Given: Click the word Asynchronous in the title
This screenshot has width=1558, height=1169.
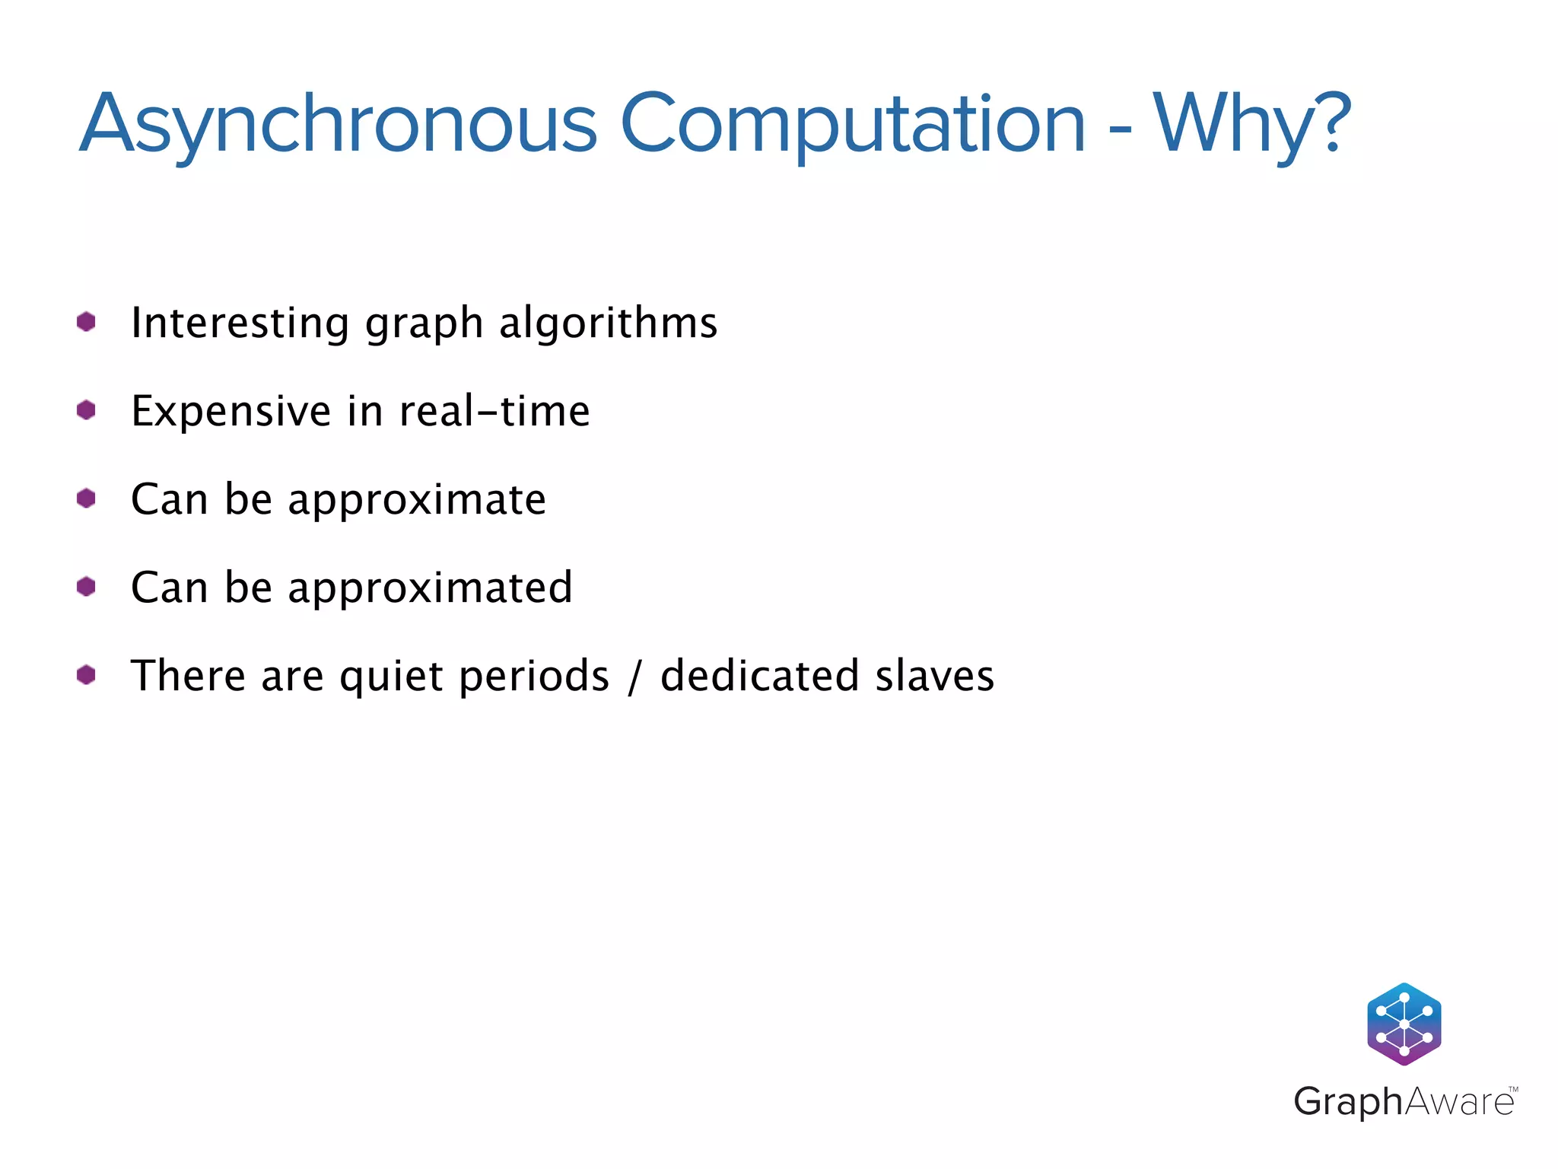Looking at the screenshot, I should pyautogui.click(x=339, y=124).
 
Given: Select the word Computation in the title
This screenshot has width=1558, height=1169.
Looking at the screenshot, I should pyautogui.click(x=853, y=124).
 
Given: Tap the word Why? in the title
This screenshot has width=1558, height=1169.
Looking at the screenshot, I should pyautogui.click(x=1252, y=124).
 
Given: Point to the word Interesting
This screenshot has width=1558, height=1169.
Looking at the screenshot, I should pyautogui.click(x=240, y=323).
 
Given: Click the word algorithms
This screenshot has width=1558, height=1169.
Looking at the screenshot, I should pyautogui.click(x=608, y=323).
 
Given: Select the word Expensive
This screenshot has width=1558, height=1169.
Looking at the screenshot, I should pyautogui.click(x=231, y=411).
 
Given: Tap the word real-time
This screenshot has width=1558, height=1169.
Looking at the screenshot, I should pyautogui.click(x=494, y=411).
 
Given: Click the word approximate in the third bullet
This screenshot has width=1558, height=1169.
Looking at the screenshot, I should pyautogui.click(x=417, y=501).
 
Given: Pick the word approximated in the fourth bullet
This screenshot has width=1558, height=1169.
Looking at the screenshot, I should pyautogui.click(x=430, y=588).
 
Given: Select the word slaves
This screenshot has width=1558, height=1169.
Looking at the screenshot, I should pyautogui.click(x=934, y=676).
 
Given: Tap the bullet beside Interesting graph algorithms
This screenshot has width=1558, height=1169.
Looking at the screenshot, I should pyautogui.click(x=86, y=322).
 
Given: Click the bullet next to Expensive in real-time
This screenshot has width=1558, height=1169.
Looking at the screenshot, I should pyautogui.click(x=86, y=410).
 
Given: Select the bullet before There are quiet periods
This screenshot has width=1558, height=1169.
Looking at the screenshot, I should pyautogui.click(x=86, y=675).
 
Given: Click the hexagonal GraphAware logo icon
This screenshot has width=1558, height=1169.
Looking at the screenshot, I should pyautogui.click(x=1404, y=1024).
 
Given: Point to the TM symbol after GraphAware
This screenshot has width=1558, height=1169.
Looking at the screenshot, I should pyautogui.click(x=1513, y=1089).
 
